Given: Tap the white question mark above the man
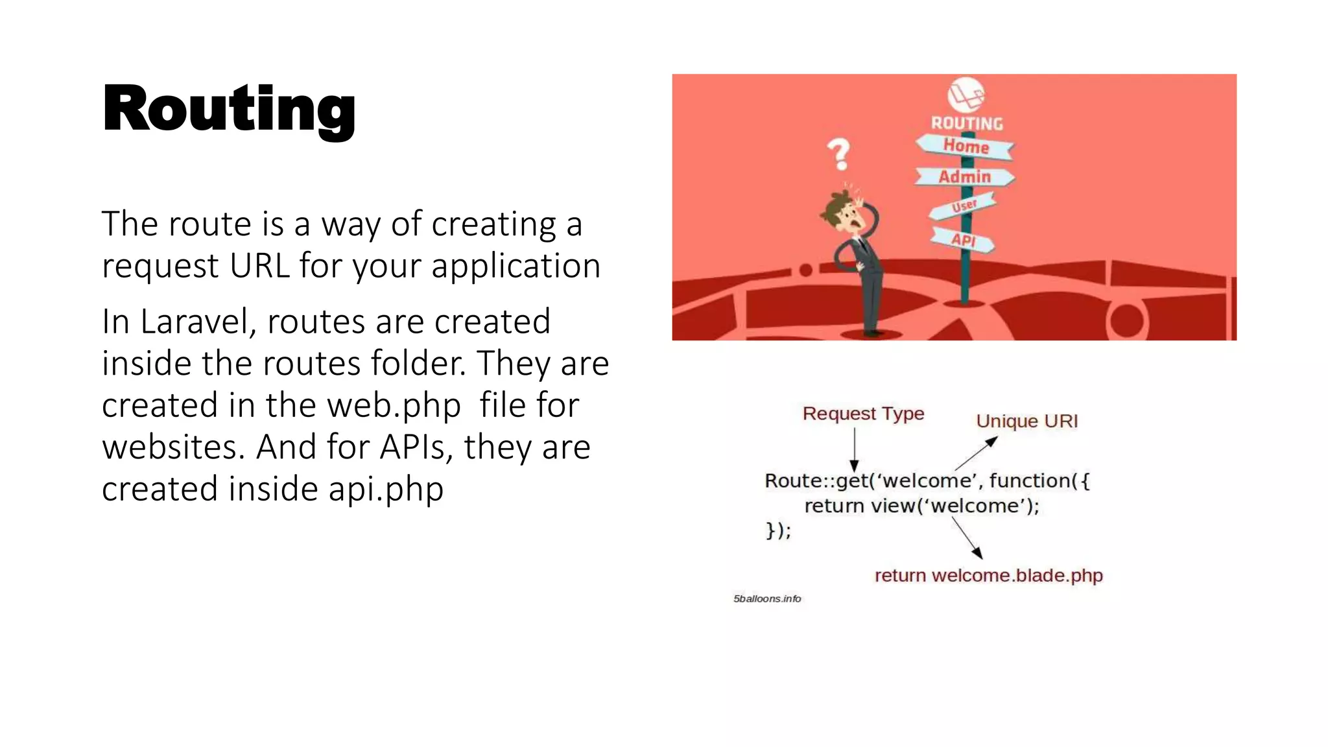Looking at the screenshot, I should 839,153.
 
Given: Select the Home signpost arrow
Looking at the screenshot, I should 965,146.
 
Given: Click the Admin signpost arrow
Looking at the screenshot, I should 965,176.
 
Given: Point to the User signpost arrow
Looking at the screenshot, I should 963,207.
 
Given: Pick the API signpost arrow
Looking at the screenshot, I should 963,240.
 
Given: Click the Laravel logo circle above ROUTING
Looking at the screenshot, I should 966,95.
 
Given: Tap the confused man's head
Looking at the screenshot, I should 843,211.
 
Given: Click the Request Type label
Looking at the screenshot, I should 863,413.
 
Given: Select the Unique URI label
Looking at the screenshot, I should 1026,421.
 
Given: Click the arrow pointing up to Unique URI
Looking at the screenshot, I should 976,453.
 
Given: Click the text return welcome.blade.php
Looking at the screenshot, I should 988,575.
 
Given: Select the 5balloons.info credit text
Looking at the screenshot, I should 767,599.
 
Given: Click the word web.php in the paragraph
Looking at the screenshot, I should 394,405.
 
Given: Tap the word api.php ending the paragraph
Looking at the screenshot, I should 386,489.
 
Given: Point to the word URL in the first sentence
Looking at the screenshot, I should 259,266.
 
